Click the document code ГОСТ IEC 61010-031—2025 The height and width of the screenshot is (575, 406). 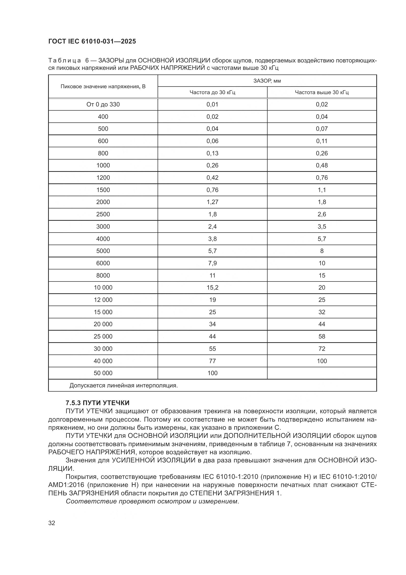(92, 41)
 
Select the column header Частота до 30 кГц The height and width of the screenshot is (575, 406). (212, 92)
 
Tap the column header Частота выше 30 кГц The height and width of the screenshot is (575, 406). (322, 92)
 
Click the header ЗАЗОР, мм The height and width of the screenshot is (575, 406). (267, 81)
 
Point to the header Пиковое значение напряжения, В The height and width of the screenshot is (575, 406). (103, 87)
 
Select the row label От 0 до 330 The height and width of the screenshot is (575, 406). (103, 104)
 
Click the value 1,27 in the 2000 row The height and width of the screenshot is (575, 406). (212, 202)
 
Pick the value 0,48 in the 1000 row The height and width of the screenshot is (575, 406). (322, 165)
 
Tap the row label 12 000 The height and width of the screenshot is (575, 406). (103, 300)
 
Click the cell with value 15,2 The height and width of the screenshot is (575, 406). (212, 288)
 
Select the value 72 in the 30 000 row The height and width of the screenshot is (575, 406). (322, 349)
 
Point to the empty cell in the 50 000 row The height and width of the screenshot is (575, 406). (322, 373)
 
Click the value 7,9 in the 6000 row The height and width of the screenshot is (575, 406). (212, 263)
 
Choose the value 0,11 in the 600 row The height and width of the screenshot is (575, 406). (322, 141)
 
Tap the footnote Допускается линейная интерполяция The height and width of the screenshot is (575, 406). (123, 385)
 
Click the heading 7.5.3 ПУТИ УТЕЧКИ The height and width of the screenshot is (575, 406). (97, 403)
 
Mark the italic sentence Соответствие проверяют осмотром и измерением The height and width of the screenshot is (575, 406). (152, 507)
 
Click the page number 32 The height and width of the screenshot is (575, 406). (52, 523)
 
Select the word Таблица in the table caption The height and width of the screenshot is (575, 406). (65, 61)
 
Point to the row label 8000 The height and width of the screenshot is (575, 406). (103, 276)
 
